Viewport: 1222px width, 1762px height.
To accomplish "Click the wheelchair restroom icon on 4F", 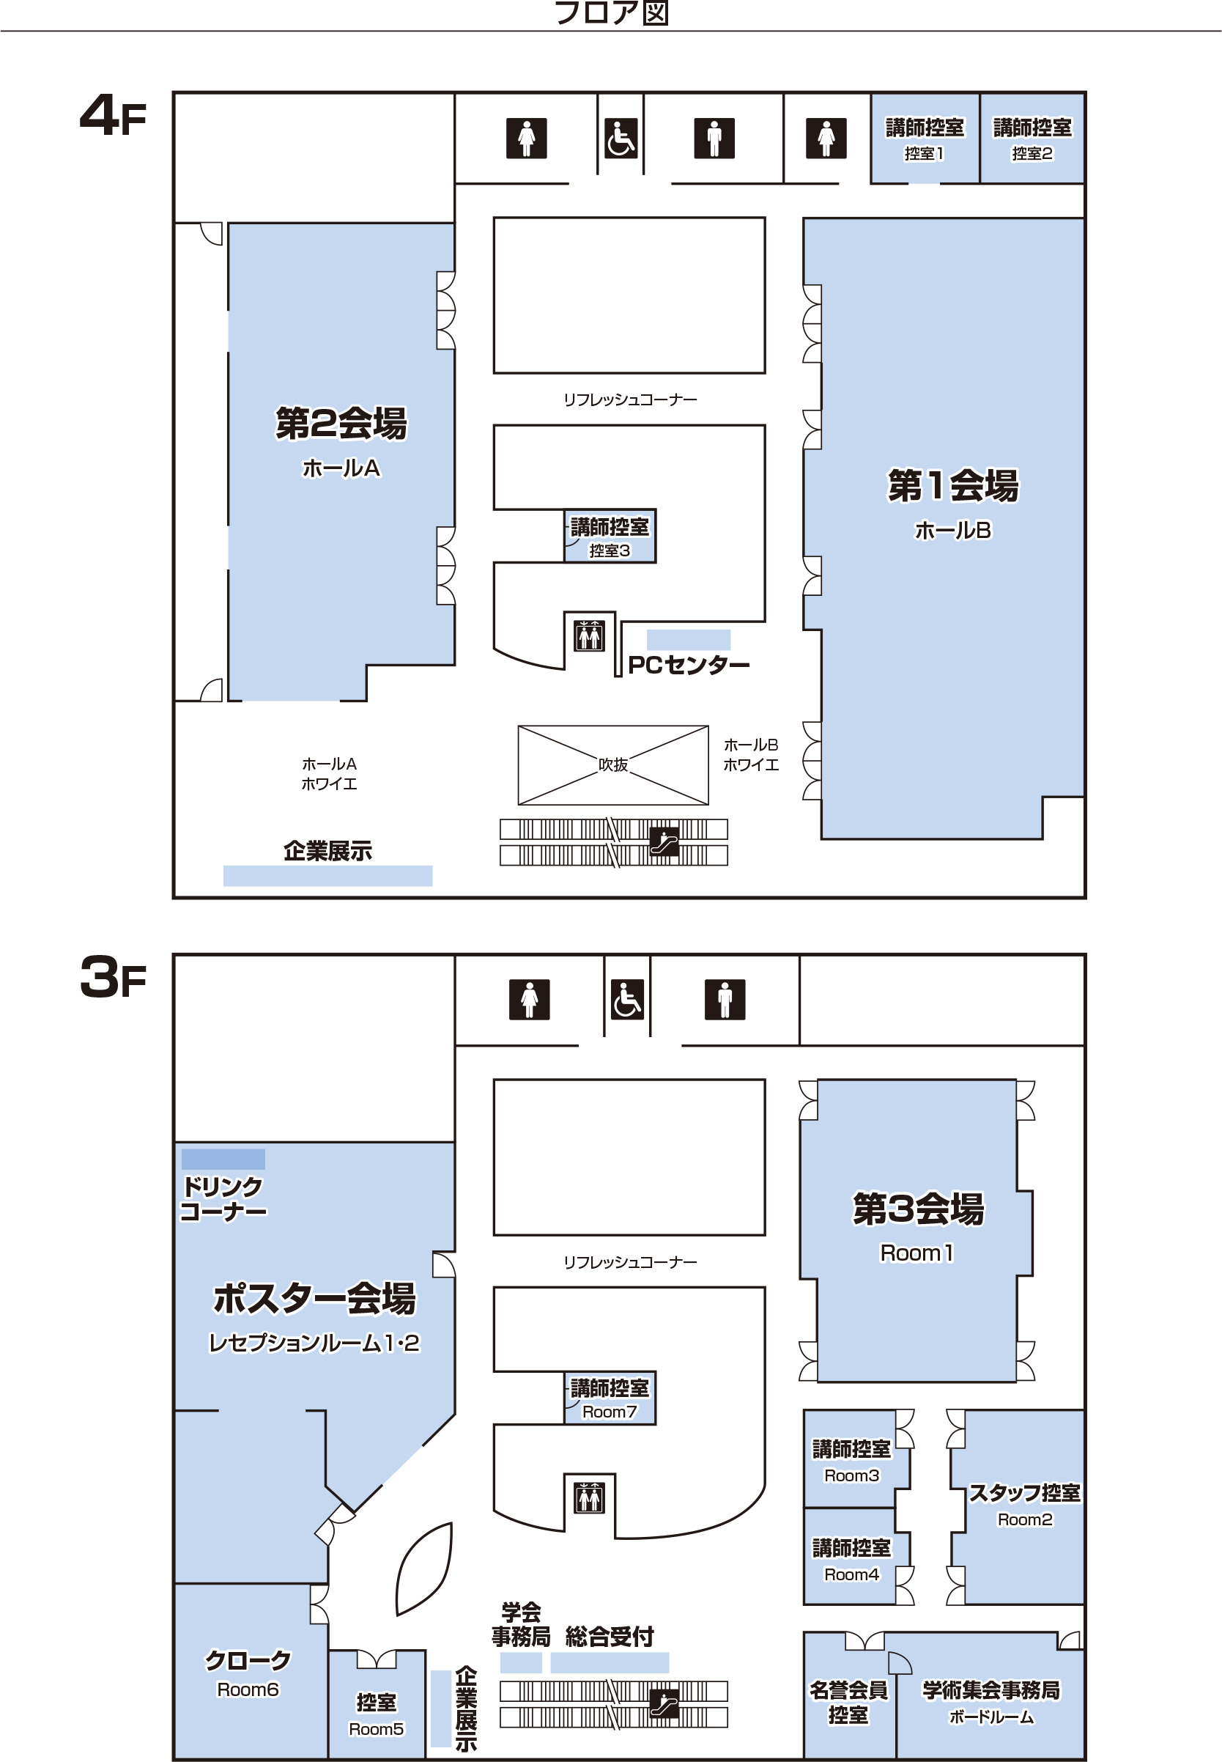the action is point(621,138).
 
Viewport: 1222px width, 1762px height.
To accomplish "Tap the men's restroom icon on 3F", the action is point(725,1000).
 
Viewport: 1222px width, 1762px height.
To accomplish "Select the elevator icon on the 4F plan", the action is point(589,635).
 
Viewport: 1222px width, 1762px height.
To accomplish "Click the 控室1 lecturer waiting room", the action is point(925,138).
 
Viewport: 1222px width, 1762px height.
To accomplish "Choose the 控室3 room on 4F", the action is point(610,536).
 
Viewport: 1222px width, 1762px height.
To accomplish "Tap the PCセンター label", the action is point(689,665).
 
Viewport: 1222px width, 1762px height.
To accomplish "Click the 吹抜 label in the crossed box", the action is point(612,764).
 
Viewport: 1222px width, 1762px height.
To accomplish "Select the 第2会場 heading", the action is point(341,424).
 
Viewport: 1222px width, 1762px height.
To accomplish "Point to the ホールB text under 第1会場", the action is point(952,530).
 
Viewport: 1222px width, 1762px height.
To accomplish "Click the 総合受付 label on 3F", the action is point(610,1637).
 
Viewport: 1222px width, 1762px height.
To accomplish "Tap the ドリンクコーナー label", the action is point(223,1199).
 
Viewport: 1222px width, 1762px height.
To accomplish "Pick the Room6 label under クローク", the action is point(248,1689).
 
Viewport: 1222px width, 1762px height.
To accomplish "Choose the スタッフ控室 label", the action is point(1024,1492).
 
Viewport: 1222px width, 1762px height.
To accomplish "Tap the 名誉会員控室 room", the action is point(849,1696).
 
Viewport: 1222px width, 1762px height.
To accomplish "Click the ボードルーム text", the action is point(991,1717).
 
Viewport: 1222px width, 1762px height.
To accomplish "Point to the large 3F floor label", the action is point(114,978).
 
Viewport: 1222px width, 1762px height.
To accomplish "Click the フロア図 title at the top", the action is point(611,13).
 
